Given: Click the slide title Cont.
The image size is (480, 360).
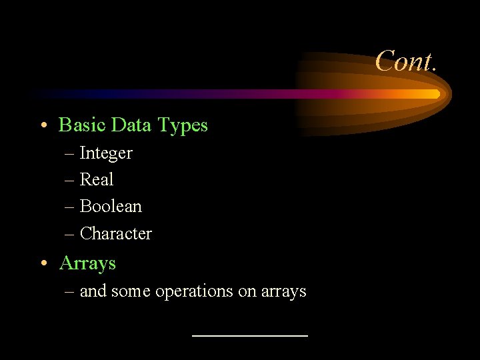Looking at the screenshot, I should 405,61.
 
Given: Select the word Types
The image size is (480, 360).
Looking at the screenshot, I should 183,125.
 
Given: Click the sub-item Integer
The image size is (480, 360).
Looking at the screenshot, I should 106,153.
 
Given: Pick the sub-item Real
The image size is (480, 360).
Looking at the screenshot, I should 97,179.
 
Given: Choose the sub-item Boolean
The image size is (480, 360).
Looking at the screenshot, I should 111,207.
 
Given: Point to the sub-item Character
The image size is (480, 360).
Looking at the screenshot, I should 115,234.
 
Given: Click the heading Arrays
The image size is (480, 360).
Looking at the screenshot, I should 87,263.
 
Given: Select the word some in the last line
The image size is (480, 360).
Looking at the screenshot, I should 131,292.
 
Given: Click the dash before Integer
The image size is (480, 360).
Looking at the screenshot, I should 70,154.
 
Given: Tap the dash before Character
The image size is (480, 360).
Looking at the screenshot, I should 70,234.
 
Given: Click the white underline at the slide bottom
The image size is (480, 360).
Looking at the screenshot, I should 249,335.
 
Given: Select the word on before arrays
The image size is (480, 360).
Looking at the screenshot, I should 246,292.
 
